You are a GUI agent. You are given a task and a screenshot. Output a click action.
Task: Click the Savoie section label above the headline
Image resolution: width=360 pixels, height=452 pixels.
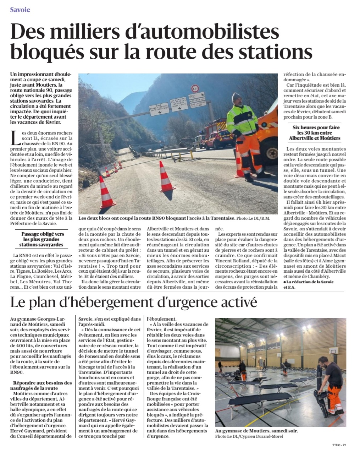(20, 10)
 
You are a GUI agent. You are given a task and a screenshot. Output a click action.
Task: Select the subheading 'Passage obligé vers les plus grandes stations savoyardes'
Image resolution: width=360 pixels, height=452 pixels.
(43, 239)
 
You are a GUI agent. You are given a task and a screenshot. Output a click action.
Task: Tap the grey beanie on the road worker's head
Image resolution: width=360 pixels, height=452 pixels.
(237, 97)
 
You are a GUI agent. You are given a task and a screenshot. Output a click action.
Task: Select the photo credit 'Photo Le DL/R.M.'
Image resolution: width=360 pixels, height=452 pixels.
(253, 218)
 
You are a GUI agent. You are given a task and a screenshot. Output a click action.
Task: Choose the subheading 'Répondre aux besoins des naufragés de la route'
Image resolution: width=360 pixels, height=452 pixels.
(42, 386)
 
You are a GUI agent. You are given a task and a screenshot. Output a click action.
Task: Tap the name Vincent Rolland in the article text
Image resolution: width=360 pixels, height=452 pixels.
(234, 261)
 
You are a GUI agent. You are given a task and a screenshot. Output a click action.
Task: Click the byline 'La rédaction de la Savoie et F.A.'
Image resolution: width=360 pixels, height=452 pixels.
(309, 284)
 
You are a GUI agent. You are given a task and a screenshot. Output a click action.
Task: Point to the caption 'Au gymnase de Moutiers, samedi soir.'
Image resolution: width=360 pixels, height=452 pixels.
(256, 431)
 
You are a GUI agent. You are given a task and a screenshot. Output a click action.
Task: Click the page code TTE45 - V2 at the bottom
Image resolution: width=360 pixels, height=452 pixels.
(339, 445)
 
